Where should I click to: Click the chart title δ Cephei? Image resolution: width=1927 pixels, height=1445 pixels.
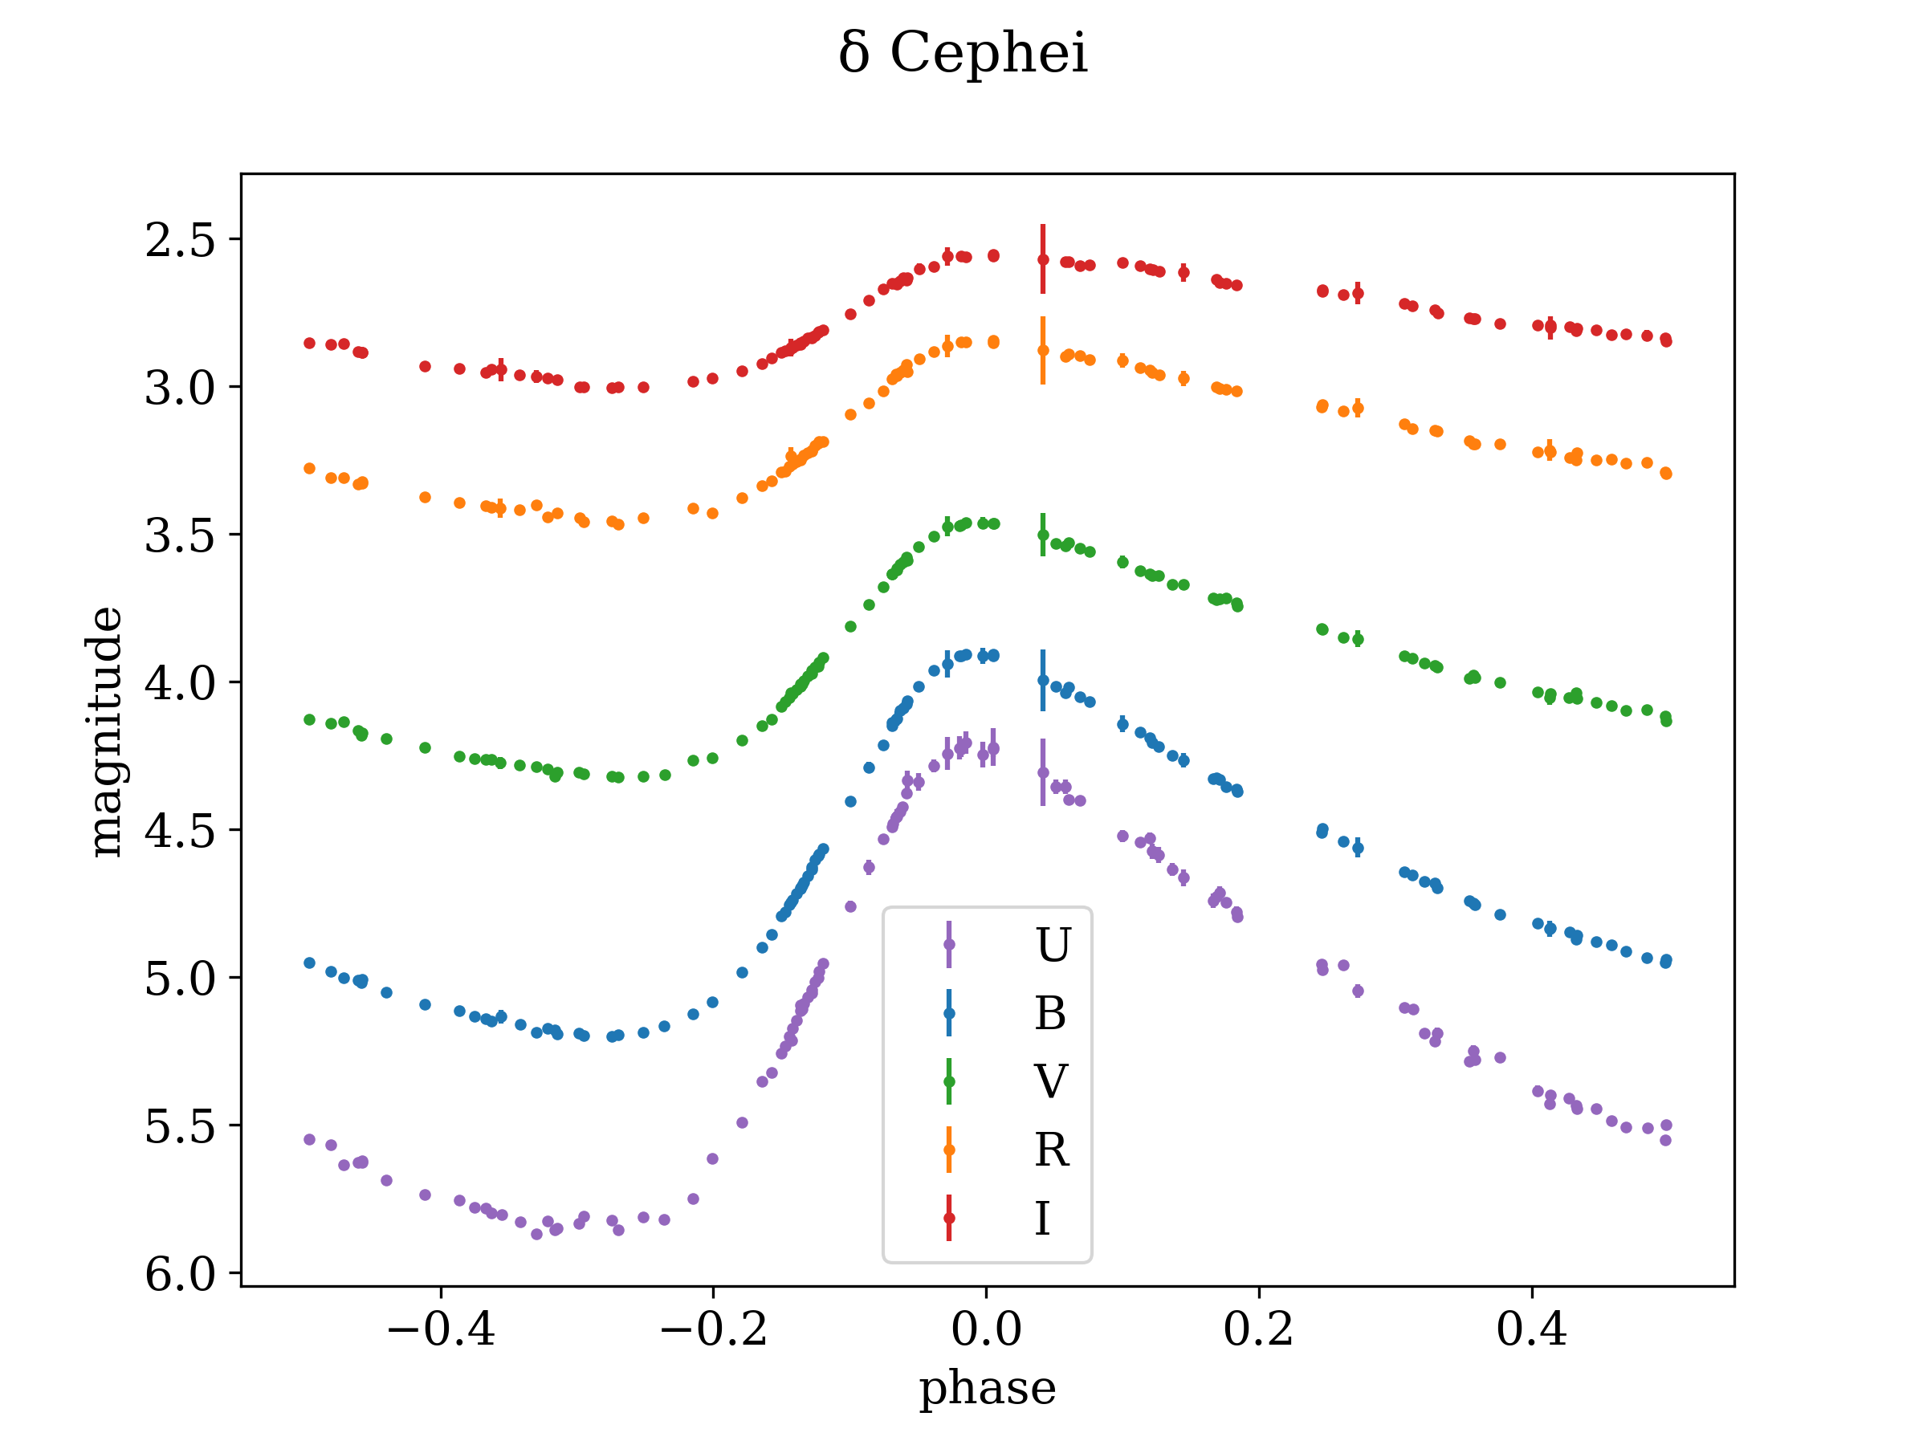963,54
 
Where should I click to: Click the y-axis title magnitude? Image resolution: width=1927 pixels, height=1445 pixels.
105,731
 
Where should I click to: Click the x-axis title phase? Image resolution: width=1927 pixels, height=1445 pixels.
987,1387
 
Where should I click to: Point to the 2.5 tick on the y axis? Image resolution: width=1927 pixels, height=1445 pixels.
181,240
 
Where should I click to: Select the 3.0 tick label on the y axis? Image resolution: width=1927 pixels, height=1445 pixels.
181,388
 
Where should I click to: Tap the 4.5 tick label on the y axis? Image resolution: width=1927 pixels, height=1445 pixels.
181,831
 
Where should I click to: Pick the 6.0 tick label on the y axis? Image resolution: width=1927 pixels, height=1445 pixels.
181,1274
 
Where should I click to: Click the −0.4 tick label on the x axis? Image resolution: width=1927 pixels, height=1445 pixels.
441,1329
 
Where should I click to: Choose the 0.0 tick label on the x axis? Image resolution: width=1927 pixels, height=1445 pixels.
986,1329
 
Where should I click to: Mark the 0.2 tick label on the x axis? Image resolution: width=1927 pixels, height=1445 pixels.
1259,1329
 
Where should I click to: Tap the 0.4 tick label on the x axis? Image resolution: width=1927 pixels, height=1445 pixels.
1531,1329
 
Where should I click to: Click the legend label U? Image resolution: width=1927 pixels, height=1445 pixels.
1053,945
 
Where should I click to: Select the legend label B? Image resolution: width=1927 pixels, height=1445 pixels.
1050,1014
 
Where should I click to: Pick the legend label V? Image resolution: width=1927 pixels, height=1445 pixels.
1050,1082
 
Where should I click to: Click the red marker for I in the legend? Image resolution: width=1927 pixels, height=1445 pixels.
949,1219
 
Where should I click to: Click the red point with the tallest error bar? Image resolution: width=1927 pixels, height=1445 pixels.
1043,259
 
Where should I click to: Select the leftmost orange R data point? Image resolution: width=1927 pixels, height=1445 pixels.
309,469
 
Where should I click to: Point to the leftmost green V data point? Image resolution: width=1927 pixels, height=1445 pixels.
309,719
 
